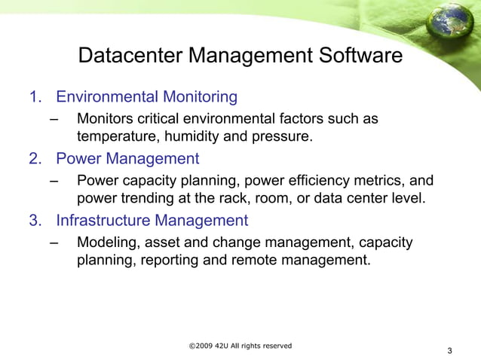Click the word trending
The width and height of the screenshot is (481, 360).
click(x=148, y=199)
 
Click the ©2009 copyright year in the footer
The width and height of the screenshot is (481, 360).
click(x=201, y=346)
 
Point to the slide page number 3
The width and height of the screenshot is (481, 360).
click(x=449, y=351)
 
